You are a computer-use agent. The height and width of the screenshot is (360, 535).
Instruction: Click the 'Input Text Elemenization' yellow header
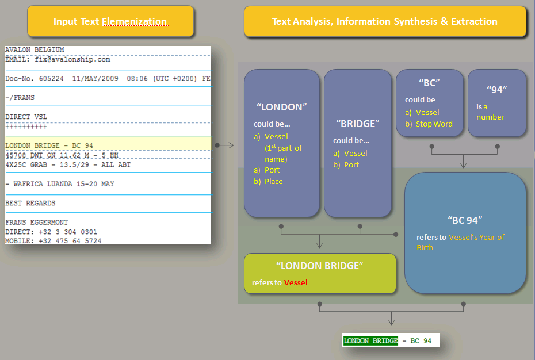coord(110,21)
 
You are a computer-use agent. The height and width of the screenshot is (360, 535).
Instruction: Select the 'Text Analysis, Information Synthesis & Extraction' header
coord(385,21)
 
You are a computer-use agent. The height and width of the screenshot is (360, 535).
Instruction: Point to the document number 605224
coord(51,78)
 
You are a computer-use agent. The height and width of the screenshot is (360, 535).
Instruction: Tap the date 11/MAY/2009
coord(95,78)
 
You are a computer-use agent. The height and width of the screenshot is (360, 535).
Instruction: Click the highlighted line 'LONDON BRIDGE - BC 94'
coord(49,145)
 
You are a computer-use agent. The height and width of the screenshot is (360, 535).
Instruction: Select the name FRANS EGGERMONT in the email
coord(36,222)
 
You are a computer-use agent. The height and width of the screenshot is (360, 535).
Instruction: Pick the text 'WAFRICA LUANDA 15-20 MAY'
coord(63,184)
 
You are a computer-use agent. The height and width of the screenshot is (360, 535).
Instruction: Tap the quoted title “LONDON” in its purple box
coord(281,107)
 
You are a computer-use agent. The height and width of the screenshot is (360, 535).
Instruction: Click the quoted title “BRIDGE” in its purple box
coord(358,124)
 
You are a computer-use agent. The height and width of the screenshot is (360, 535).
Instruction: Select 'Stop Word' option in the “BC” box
coord(434,124)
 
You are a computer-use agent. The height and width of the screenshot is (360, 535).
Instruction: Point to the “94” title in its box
coord(497,89)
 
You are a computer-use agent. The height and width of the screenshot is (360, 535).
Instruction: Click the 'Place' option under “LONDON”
coord(274,182)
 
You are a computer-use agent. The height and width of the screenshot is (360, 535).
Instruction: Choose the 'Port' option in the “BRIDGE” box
coord(351,165)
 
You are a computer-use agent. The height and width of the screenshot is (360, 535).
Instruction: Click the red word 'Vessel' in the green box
coord(296,282)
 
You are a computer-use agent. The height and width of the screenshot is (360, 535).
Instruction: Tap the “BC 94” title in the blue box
coord(465,220)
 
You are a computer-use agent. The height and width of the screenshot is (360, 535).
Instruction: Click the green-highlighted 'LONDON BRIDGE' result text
coord(370,340)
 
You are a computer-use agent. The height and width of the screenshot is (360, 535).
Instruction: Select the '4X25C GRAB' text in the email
coord(26,165)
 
